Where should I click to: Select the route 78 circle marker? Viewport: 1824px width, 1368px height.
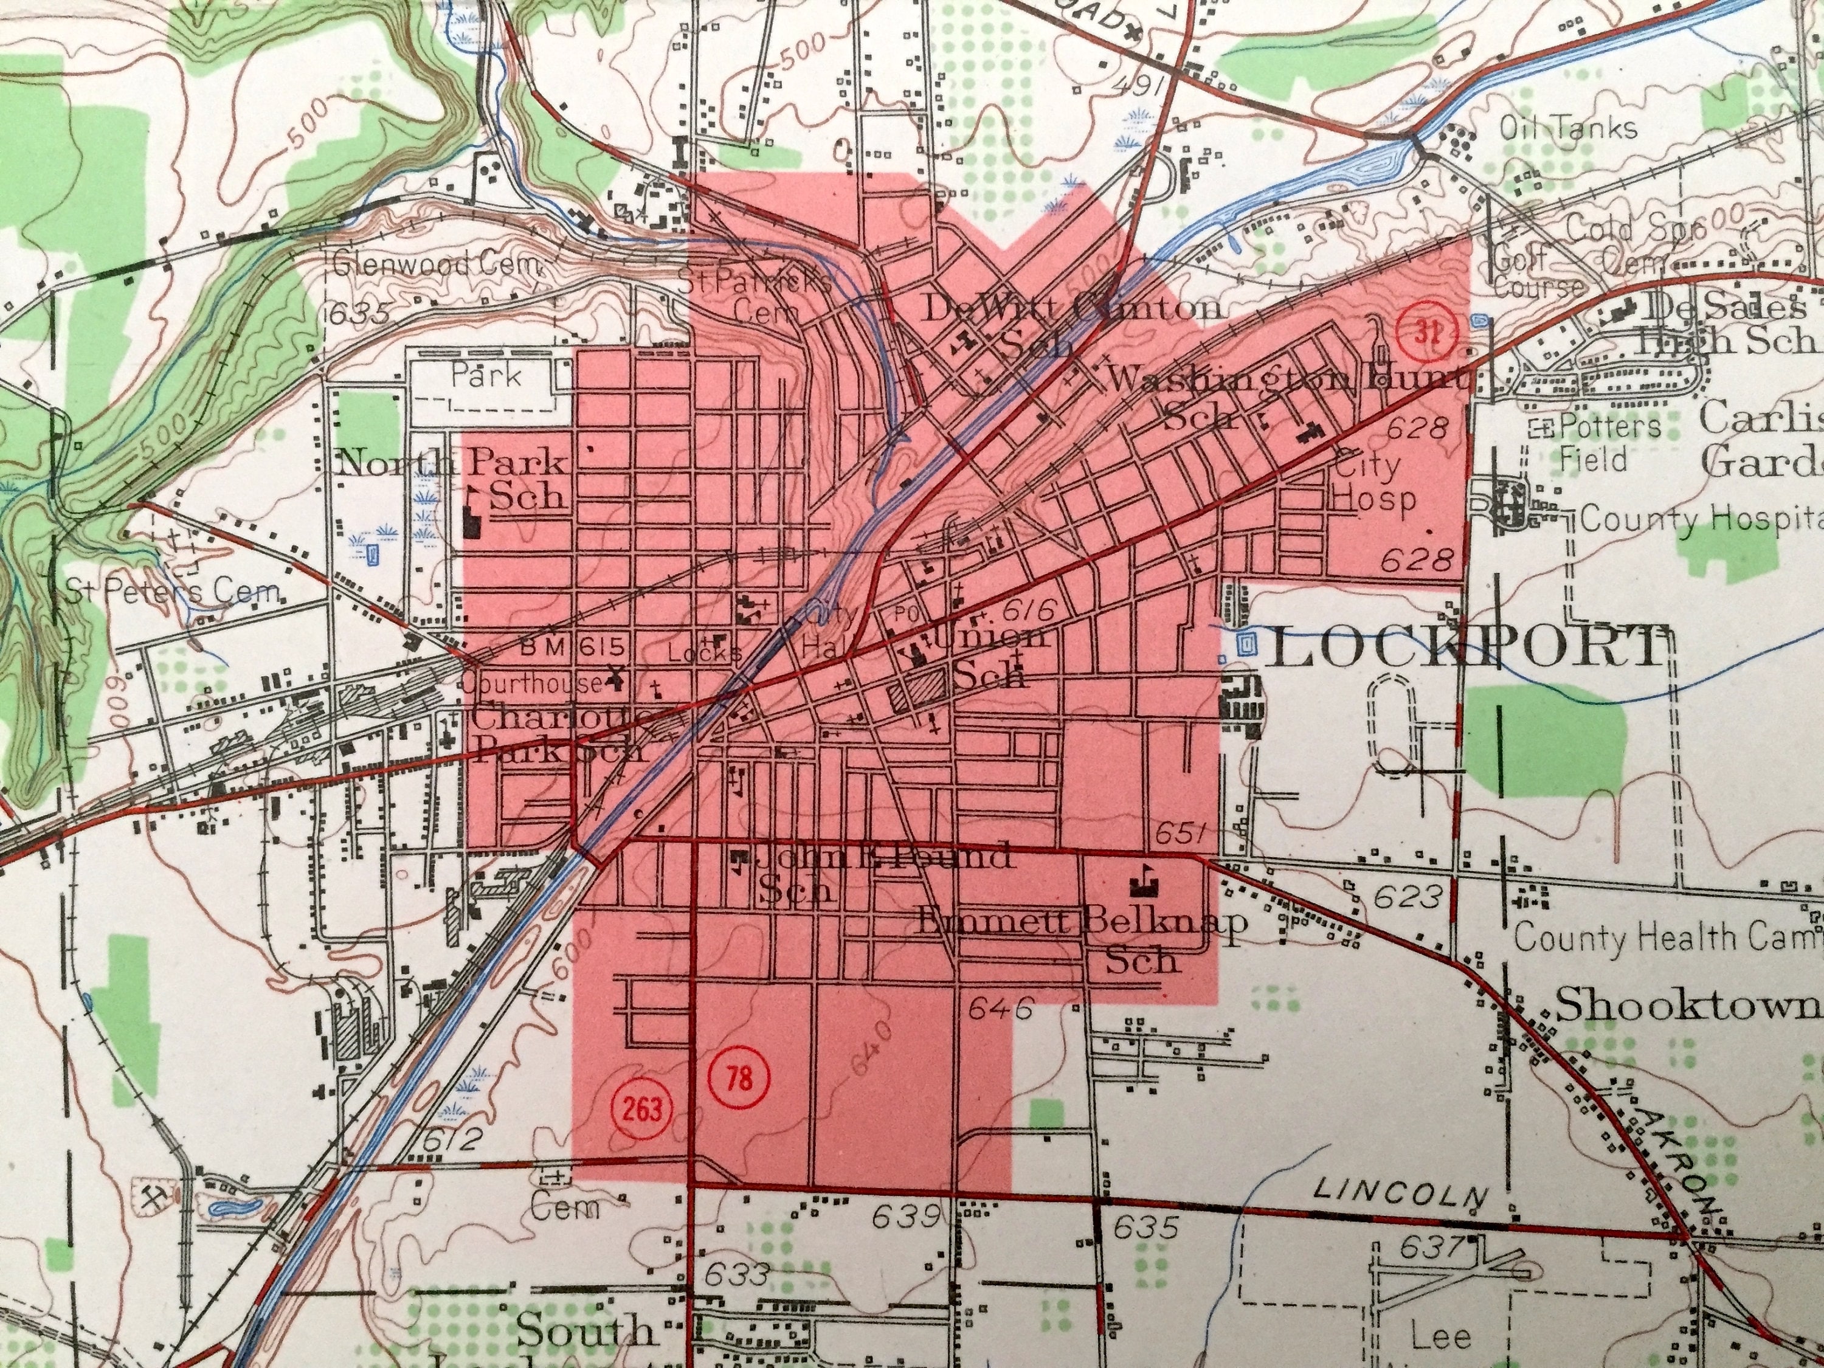tap(740, 1079)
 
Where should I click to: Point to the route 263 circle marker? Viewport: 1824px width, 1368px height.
tap(643, 1109)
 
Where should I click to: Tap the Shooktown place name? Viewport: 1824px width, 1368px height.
tap(1687, 1006)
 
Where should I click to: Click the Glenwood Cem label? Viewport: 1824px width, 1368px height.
tap(437, 266)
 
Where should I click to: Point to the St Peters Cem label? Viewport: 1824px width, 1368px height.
tap(173, 591)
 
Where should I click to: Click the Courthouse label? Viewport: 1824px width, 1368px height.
tap(532, 683)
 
